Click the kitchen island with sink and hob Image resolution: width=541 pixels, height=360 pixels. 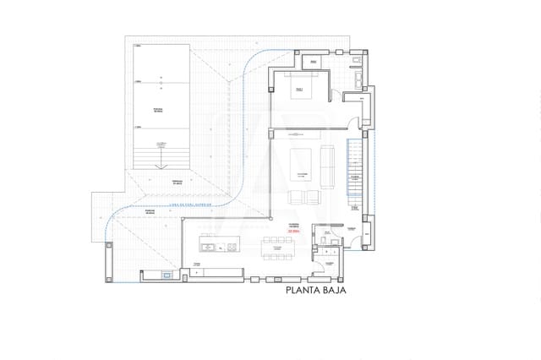[x=218, y=247]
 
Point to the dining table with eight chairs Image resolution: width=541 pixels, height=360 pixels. [x=277, y=247]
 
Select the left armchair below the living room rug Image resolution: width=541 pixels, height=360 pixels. [x=295, y=198]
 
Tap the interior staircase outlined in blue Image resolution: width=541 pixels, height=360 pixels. [x=355, y=169]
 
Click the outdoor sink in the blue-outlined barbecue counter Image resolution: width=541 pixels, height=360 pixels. [x=167, y=275]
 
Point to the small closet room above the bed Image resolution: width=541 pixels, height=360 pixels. [x=311, y=62]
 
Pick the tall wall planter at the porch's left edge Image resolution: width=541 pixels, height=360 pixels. [x=107, y=262]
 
